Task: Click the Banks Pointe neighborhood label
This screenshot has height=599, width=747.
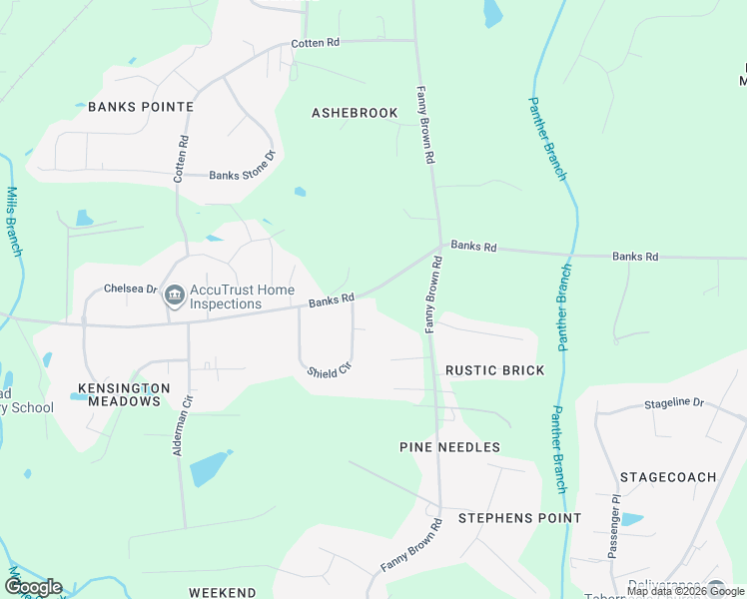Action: point(140,106)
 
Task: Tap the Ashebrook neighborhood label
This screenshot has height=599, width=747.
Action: point(355,113)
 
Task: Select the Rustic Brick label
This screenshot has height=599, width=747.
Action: point(495,370)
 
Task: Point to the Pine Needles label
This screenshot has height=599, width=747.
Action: point(449,447)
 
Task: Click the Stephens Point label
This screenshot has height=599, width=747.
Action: point(519,518)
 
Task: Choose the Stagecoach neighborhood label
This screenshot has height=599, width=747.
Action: point(668,477)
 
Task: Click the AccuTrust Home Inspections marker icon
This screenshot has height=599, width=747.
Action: point(174,295)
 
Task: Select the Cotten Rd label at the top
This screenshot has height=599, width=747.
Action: point(316,43)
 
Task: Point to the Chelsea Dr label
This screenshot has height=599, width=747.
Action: point(131,290)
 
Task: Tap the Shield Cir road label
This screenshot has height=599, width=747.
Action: point(331,369)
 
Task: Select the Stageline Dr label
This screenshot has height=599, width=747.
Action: point(674,403)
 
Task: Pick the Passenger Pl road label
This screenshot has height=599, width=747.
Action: point(613,525)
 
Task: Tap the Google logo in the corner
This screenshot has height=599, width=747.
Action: point(32,587)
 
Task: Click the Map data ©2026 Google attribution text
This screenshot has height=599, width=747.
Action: point(686,591)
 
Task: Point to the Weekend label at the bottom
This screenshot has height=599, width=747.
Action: point(223,592)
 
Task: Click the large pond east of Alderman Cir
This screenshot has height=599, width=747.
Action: point(208,467)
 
